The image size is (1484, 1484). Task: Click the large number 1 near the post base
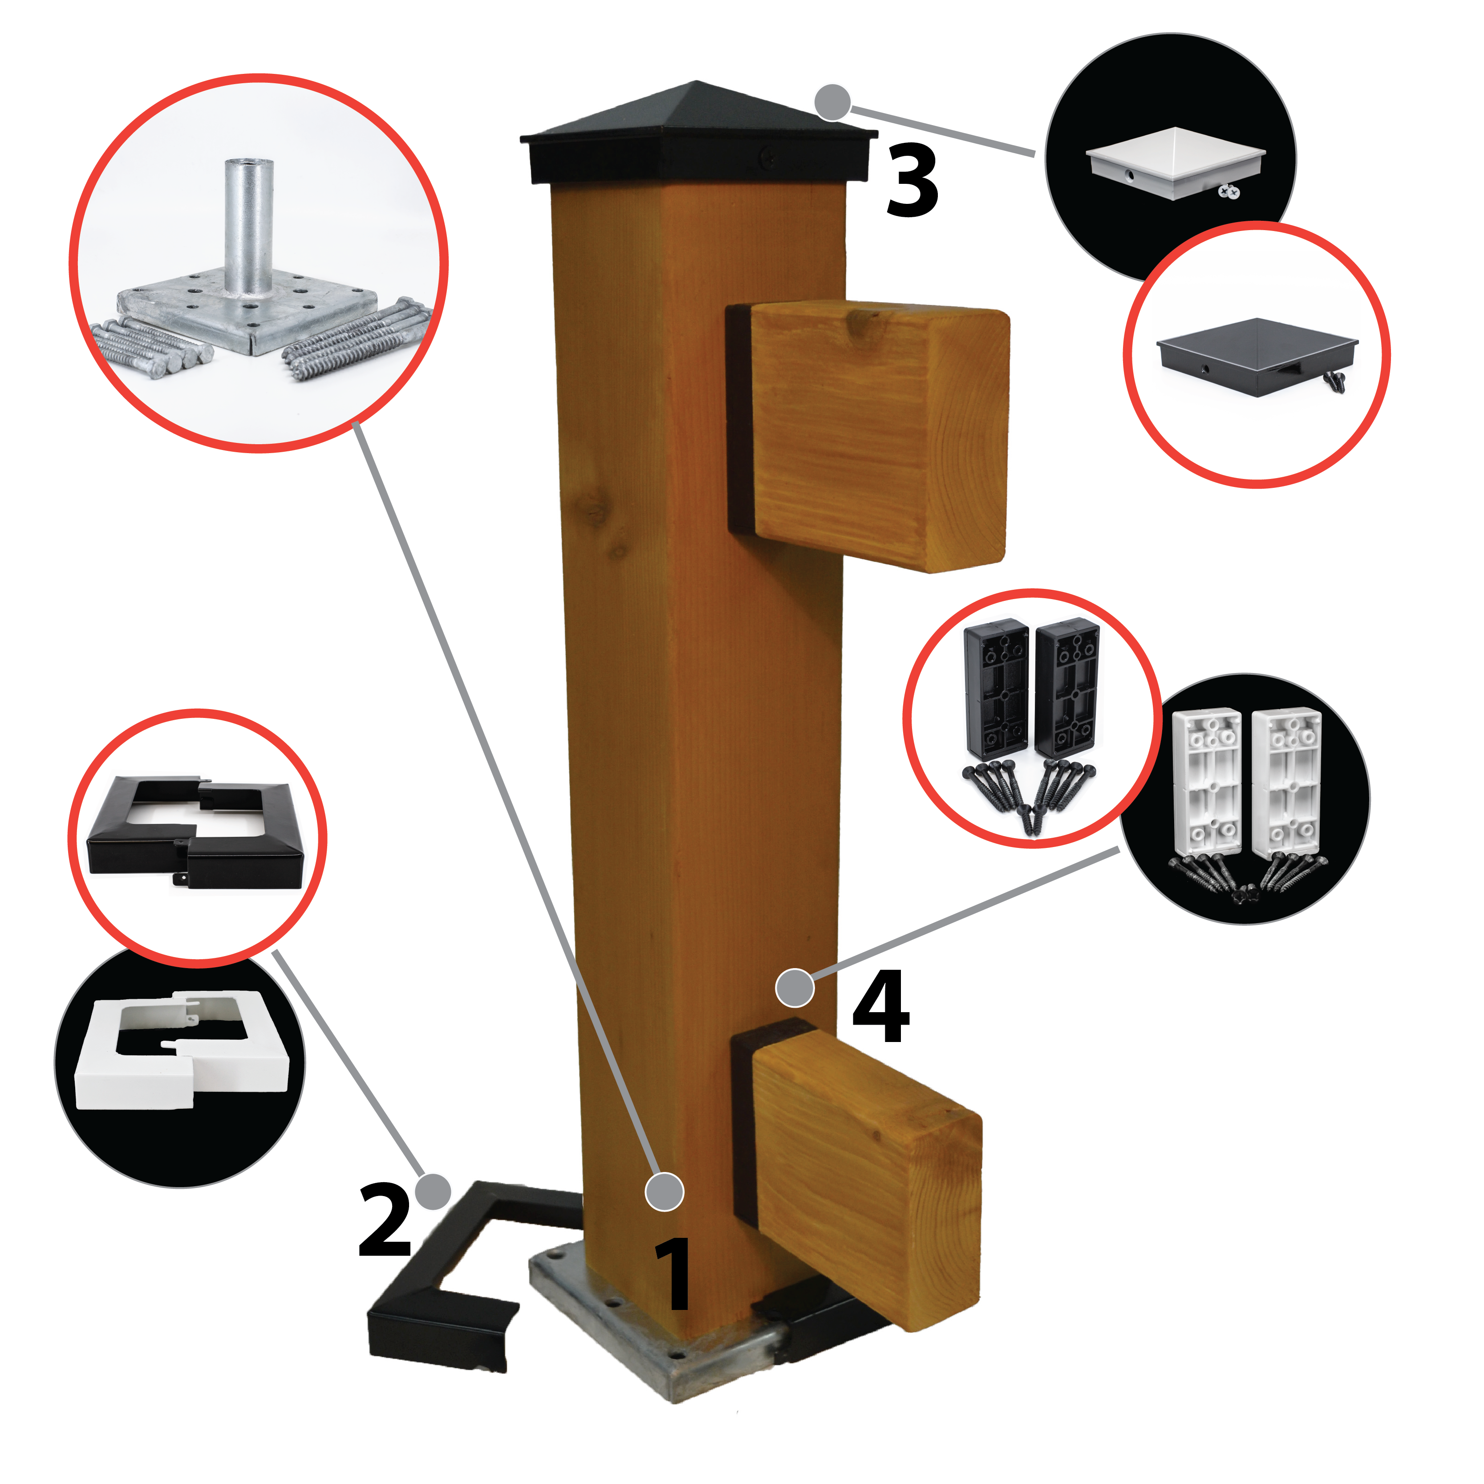[x=673, y=1276]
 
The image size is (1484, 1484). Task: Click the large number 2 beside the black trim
[x=385, y=1220]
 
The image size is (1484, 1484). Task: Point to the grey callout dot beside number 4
[x=794, y=987]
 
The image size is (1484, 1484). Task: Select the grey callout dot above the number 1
[x=665, y=1192]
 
